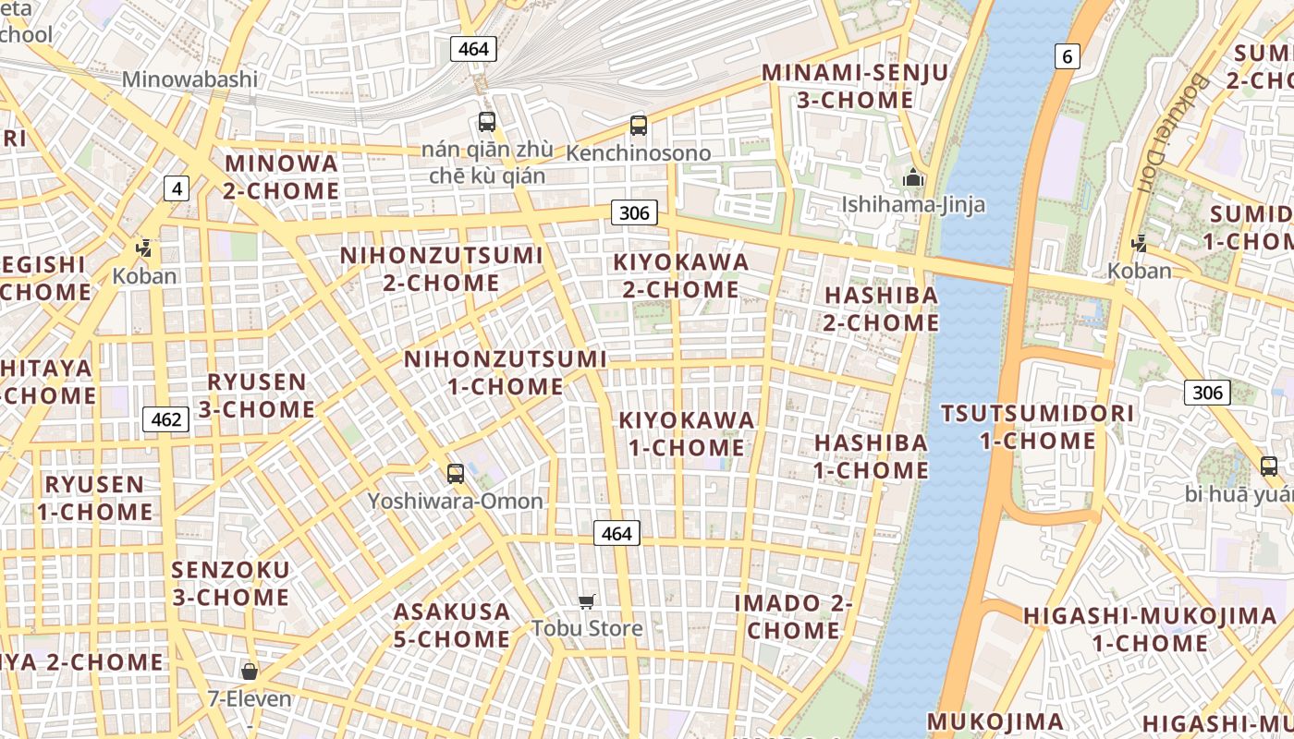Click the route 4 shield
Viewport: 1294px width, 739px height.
(x=177, y=189)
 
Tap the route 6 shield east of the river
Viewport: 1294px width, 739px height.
(x=1068, y=56)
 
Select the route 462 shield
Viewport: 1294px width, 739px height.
(x=166, y=420)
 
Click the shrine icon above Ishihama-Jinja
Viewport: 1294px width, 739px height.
(x=913, y=177)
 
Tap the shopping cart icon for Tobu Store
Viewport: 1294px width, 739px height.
(x=586, y=602)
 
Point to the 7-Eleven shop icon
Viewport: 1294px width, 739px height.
(x=249, y=672)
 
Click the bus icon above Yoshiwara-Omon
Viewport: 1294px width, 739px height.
(x=455, y=474)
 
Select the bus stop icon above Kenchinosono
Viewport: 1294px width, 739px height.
(x=638, y=126)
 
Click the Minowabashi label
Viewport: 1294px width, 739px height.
(x=189, y=79)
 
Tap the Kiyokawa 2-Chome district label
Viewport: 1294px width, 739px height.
(x=680, y=275)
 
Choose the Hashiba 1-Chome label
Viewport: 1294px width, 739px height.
(x=871, y=456)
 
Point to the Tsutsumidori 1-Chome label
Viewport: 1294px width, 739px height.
(x=1037, y=427)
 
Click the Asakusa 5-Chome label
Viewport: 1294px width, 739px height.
(x=452, y=625)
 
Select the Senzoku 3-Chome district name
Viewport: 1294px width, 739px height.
(x=230, y=583)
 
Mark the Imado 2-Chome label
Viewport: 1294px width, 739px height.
(x=793, y=617)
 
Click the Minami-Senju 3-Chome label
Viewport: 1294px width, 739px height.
(x=854, y=86)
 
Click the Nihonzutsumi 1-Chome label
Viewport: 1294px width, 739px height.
(x=506, y=372)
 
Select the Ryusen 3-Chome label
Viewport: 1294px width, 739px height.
(x=257, y=395)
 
